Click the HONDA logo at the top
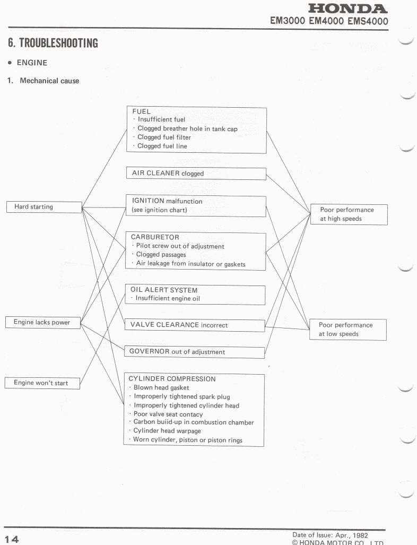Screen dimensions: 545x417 pos(348,8)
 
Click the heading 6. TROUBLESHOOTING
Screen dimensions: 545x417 pos(53,43)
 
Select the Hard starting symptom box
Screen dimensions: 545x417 pos(44,207)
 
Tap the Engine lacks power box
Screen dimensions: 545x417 pos(42,322)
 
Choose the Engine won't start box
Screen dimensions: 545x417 pos(42,383)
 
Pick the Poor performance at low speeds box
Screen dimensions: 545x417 pos(348,330)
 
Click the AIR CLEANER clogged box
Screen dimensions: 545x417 pos(196,174)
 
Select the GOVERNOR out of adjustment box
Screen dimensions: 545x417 pos(194,352)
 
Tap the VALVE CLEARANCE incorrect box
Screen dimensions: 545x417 pos(194,325)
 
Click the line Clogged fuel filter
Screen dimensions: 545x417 pos(164,137)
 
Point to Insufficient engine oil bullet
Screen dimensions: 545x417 pos(168,299)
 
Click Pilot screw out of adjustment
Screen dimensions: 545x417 pos(180,246)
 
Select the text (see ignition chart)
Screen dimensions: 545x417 pos(160,211)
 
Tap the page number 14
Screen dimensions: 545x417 pos(12,539)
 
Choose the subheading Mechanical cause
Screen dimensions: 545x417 pos(49,81)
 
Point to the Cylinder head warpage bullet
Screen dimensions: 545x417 pos(164,431)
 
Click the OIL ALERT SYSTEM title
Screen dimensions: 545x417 pos(164,290)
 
